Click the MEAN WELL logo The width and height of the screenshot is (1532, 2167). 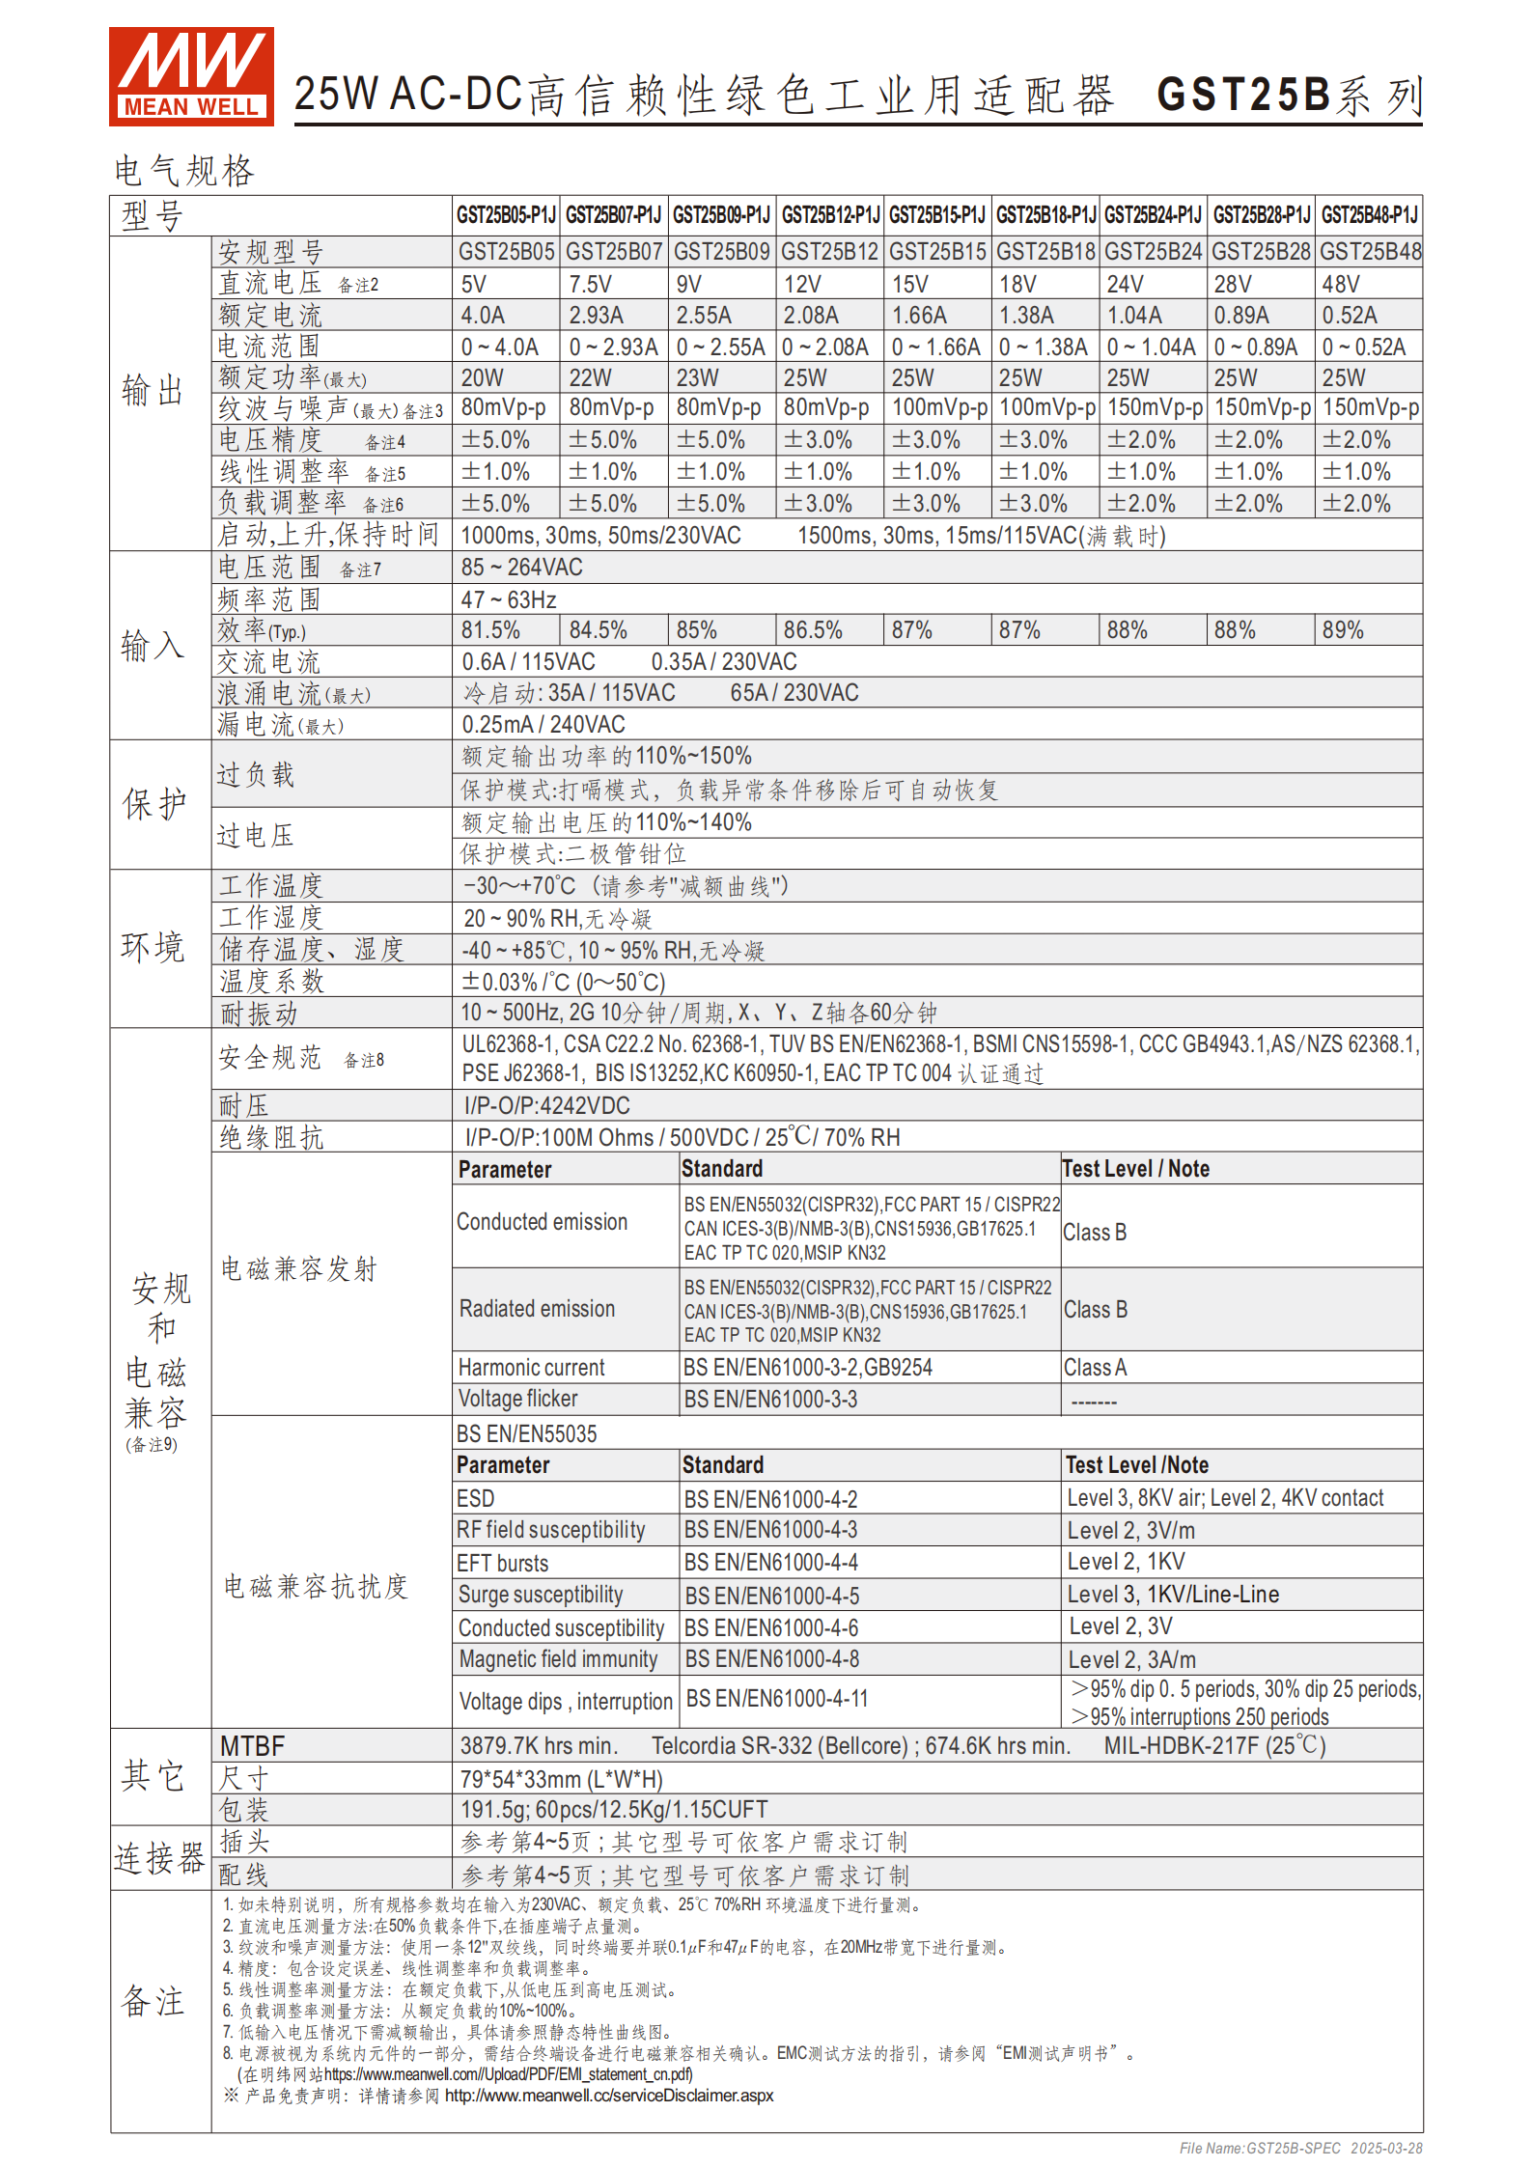(x=191, y=76)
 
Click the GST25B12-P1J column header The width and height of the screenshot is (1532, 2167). (x=830, y=214)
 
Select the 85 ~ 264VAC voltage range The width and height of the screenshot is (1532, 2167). (x=522, y=568)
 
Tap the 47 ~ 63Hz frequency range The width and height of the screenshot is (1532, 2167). (x=509, y=600)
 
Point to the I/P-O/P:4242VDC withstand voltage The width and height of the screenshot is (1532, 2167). (x=547, y=1106)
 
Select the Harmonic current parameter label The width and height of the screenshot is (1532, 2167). (x=531, y=1368)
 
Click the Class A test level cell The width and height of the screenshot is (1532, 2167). (x=1095, y=1368)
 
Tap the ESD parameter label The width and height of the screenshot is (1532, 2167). (x=476, y=1499)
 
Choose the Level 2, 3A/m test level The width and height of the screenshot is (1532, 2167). (x=1131, y=1660)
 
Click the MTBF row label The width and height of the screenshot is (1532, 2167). (x=253, y=1746)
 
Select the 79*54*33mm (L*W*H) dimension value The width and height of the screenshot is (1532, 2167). (x=562, y=1779)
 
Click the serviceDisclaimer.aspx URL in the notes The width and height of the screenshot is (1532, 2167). (x=609, y=2096)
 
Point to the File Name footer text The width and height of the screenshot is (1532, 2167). (x=1300, y=2148)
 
